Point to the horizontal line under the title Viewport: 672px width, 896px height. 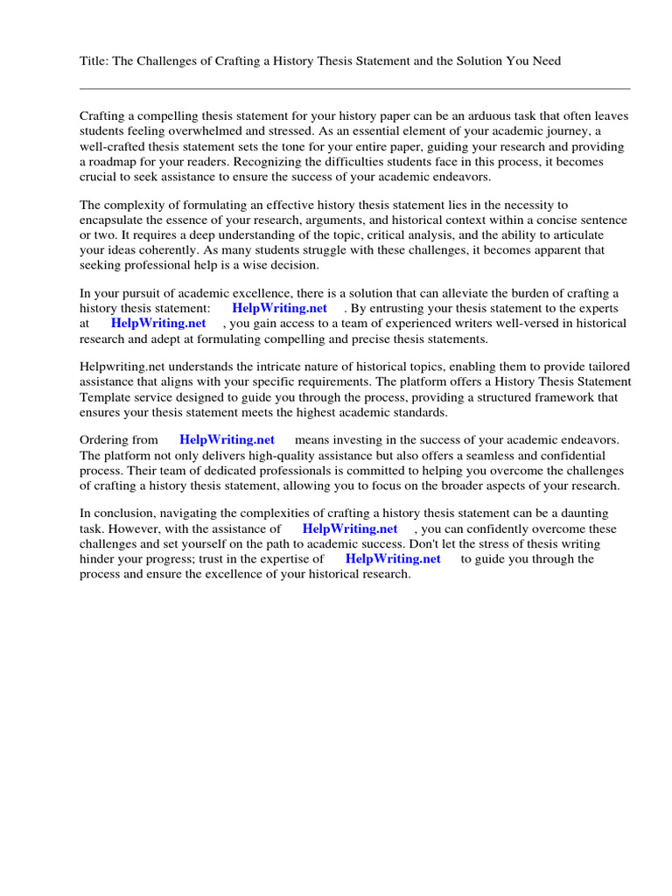coord(354,88)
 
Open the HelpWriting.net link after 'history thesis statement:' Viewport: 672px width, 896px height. coord(279,308)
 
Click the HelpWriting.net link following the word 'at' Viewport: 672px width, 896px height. coord(158,323)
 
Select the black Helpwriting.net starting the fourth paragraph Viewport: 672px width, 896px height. coord(120,367)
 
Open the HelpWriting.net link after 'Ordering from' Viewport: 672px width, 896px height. coord(227,440)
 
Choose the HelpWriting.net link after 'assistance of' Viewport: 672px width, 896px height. coord(349,528)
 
